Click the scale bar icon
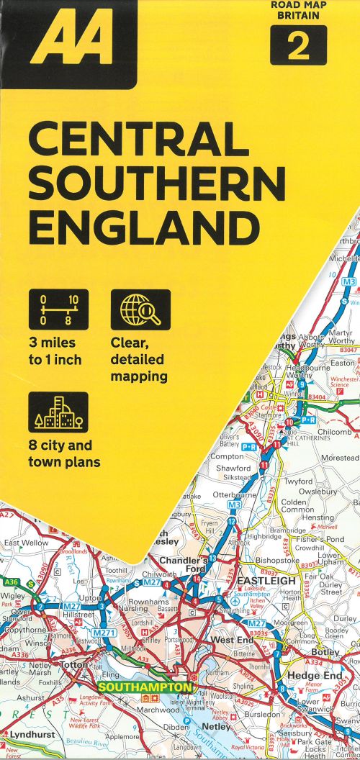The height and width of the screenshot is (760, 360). [x=59, y=309]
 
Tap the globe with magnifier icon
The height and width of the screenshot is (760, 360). [x=140, y=309]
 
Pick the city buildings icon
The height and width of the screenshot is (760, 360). [x=59, y=412]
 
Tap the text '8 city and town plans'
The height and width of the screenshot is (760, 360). [x=65, y=452]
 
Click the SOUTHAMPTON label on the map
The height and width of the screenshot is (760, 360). [x=145, y=688]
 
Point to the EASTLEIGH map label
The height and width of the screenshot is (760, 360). [x=267, y=580]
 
